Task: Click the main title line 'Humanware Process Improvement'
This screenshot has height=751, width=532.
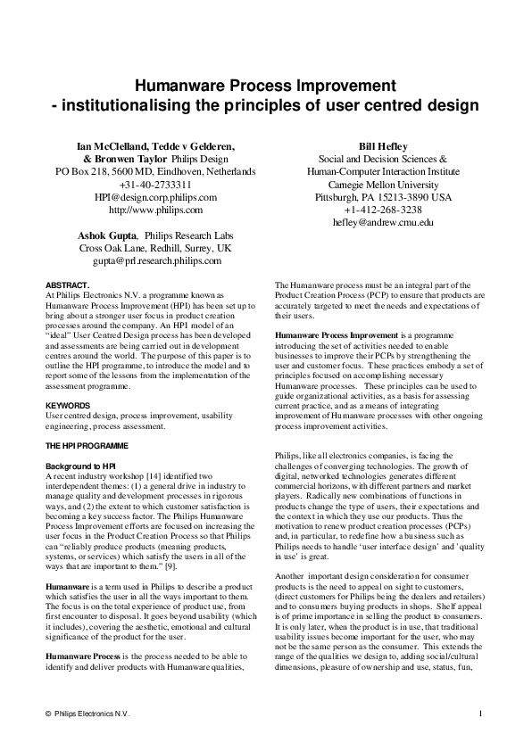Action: click(x=265, y=86)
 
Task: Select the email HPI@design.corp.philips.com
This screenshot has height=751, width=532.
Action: click(x=156, y=196)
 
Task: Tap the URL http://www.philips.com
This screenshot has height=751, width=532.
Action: click(x=156, y=210)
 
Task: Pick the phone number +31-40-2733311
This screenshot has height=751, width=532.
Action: click(x=156, y=184)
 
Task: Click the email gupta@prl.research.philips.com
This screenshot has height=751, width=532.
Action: click(x=156, y=261)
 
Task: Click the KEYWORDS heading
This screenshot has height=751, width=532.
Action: click(x=68, y=405)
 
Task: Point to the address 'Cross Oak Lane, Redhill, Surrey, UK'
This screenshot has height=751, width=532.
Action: click(x=156, y=248)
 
